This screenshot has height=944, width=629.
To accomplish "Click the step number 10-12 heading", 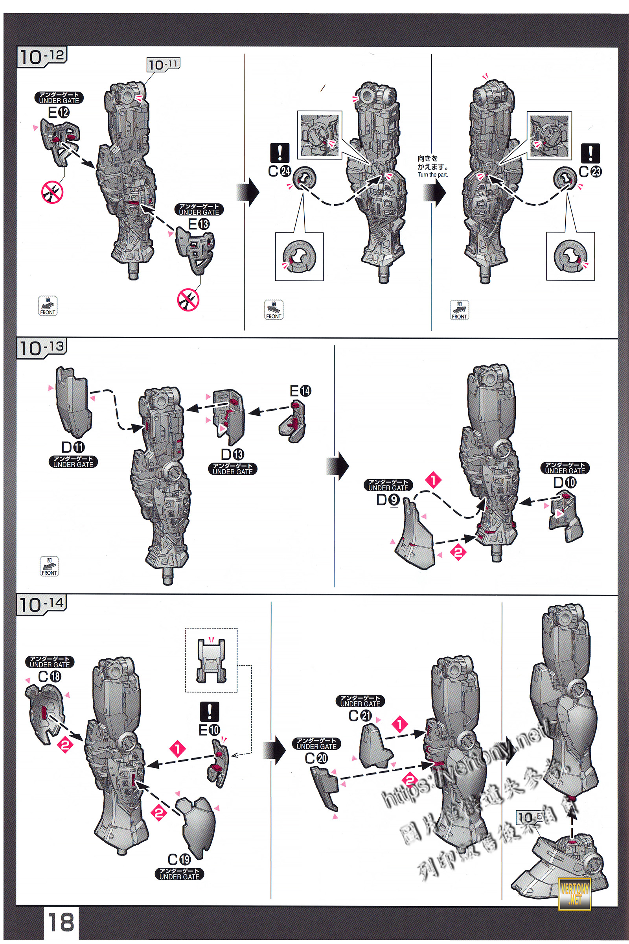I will tap(42, 57).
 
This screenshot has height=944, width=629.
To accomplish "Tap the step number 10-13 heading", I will tap(42, 348).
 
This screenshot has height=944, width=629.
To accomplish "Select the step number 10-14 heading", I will tap(42, 605).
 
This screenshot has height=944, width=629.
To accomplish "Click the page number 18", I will tap(61, 922).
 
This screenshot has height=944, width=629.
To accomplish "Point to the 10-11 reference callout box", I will tap(163, 65).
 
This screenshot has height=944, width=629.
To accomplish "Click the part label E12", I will tap(59, 113).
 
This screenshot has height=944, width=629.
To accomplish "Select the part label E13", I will tap(199, 224).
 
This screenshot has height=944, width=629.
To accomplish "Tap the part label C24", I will tap(280, 171).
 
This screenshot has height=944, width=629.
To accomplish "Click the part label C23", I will tap(590, 172).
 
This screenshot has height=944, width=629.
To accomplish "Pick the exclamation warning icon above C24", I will tap(280, 153).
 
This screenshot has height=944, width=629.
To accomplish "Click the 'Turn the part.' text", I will tap(432, 175).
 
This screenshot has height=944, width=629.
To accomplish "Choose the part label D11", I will tap(73, 447).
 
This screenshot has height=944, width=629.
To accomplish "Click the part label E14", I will tap(300, 391).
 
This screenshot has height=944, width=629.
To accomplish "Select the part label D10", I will tap(565, 483).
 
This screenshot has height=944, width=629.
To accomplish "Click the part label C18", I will tap(50, 677).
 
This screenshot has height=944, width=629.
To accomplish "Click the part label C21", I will tap(360, 715).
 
